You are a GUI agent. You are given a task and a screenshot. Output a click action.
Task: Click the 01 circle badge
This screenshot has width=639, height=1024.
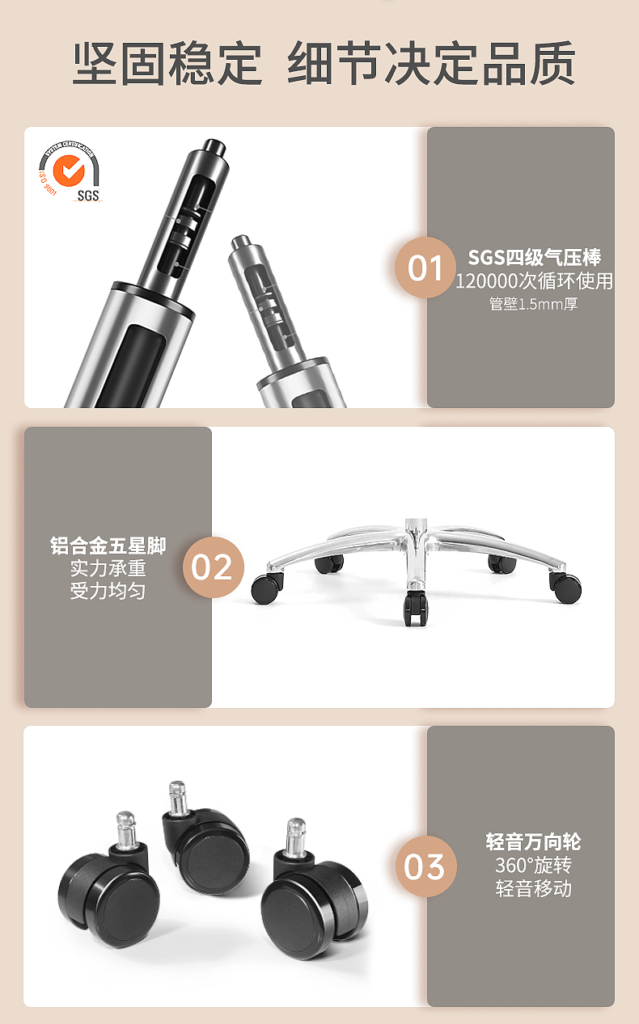click(425, 268)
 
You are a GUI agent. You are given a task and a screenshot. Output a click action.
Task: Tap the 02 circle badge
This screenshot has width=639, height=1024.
click(214, 567)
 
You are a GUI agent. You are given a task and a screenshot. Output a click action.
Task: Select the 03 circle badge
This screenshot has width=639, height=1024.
click(425, 866)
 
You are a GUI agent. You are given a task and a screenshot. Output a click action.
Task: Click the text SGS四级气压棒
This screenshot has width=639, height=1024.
click(535, 257)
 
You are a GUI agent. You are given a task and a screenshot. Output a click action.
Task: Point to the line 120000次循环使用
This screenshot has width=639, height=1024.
click(534, 280)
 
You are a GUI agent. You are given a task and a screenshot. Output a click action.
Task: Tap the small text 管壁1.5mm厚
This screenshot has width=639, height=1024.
click(533, 304)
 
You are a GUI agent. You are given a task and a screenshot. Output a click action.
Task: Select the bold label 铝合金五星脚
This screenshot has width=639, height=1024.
click(108, 546)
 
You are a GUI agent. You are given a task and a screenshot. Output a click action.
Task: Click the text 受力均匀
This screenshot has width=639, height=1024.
click(108, 591)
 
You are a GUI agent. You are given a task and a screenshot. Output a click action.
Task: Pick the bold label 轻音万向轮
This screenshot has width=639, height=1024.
click(533, 841)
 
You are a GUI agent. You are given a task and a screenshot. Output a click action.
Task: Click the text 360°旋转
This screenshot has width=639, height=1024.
click(533, 865)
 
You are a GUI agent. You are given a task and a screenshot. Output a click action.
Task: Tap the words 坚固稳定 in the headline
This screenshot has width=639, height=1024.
click(167, 63)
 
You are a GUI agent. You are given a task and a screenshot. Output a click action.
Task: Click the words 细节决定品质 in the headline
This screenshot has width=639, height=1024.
click(431, 63)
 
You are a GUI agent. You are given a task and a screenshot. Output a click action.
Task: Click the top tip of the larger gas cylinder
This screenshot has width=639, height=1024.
click(214, 142)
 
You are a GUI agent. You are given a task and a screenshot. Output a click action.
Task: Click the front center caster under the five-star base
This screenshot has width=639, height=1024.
click(415, 608)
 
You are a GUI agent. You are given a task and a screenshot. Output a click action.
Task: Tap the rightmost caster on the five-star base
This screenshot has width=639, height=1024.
click(566, 588)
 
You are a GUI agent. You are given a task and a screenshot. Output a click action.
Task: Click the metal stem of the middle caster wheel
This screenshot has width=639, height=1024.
click(178, 798)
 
